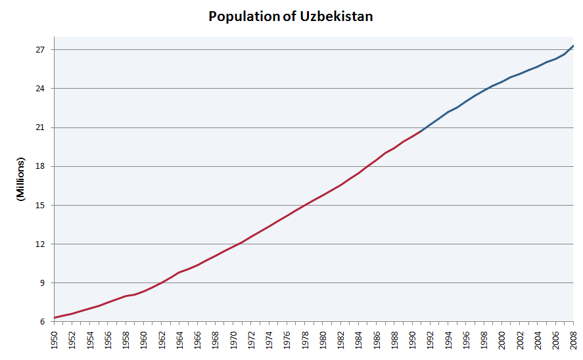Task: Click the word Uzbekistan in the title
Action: (337, 16)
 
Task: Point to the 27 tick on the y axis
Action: (40, 50)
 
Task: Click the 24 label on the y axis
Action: (40, 89)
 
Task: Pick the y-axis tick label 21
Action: (40, 127)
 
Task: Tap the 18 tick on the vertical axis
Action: (40, 166)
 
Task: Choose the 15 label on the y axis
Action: (40, 206)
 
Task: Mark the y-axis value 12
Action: (40, 244)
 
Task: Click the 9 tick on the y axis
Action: (42, 283)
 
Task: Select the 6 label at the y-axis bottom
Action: (42, 322)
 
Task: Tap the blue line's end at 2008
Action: (574, 45)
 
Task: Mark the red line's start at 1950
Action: (55, 318)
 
